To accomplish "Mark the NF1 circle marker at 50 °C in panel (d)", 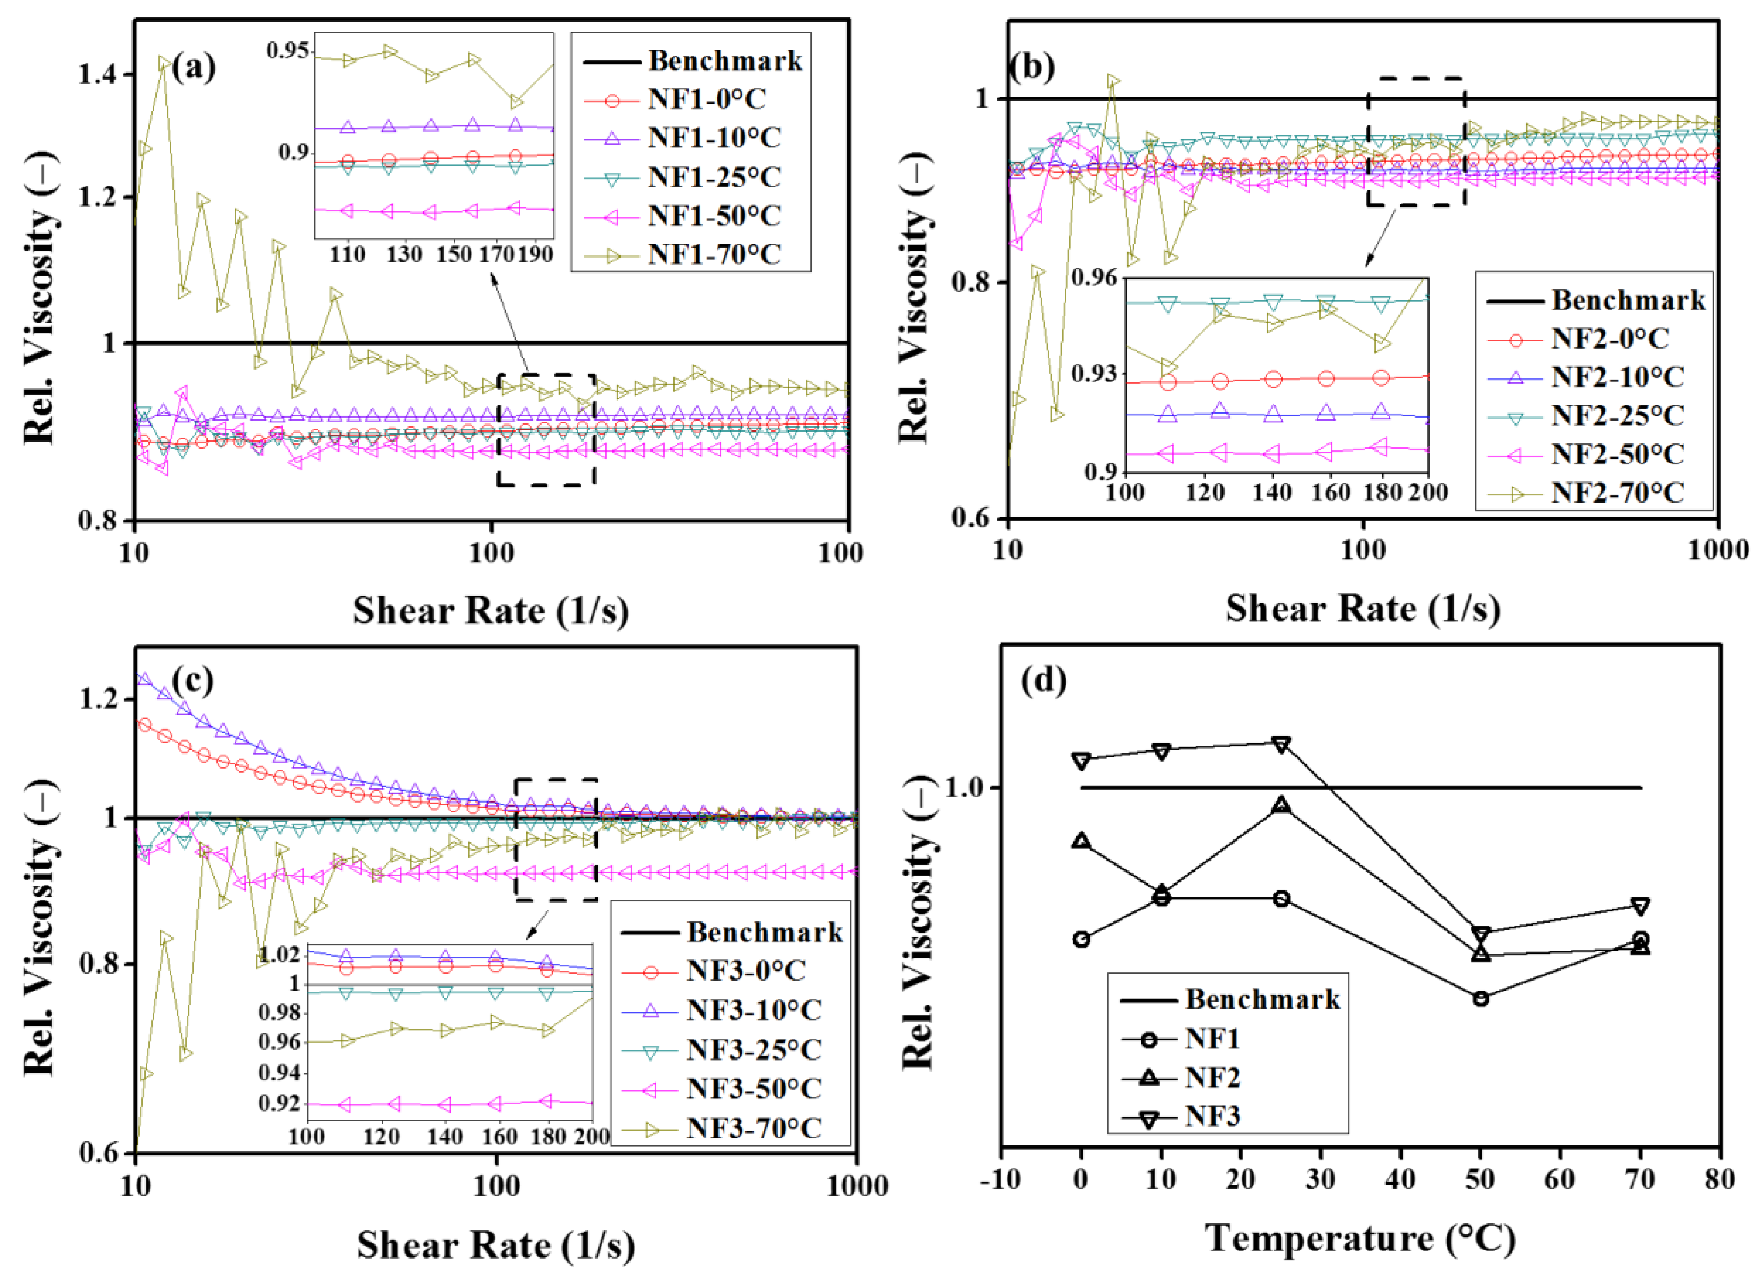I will click(1480, 999).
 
